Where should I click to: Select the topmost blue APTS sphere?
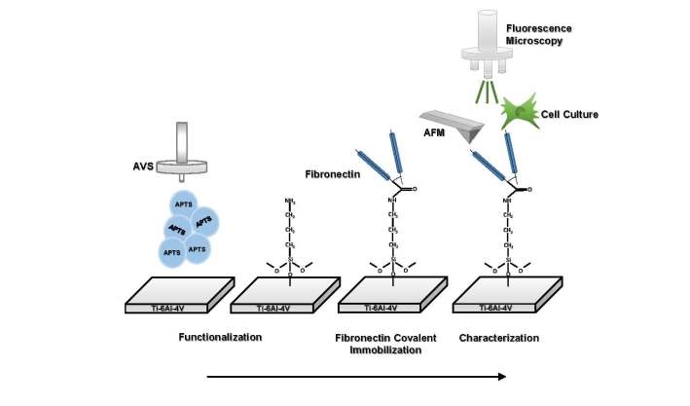click(182, 203)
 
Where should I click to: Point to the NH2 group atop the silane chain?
click(289, 202)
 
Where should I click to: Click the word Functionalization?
click(221, 338)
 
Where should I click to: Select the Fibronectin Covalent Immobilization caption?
click(385, 344)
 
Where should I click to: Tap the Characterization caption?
click(498, 338)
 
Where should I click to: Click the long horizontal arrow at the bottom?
click(356, 377)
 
